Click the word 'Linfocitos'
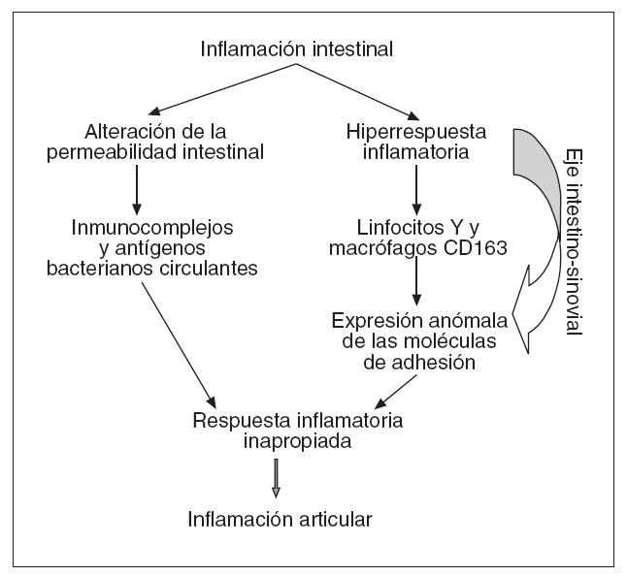(382, 226)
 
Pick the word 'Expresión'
(371, 321)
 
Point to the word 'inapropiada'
(298, 442)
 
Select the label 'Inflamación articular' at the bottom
(280, 518)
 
